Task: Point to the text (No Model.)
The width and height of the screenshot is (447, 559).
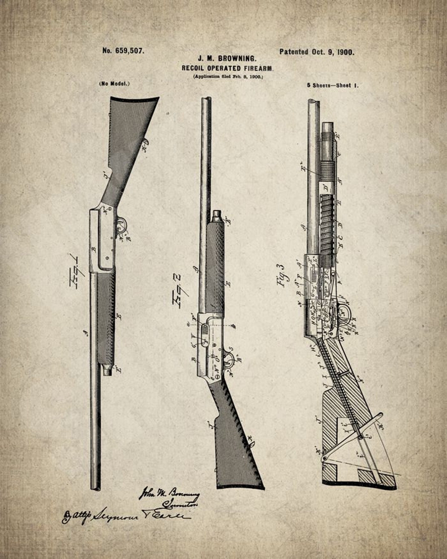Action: pos(114,84)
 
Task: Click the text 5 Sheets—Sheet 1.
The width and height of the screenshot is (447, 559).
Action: pos(333,86)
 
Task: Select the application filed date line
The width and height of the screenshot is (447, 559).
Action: pos(228,77)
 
